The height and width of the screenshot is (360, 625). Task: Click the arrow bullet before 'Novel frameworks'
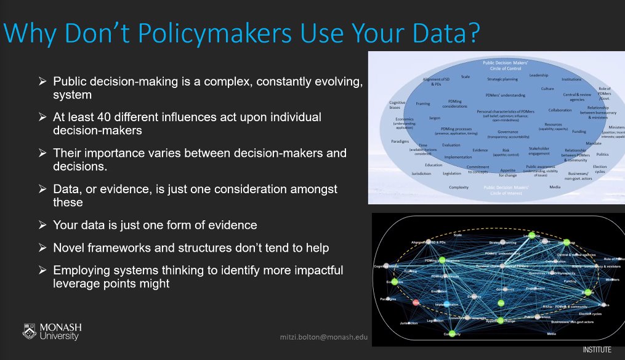(42, 248)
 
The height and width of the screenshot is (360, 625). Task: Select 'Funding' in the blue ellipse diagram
(579, 131)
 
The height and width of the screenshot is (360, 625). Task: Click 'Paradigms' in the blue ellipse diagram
(401, 141)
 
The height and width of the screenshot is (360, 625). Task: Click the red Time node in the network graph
(416, 302)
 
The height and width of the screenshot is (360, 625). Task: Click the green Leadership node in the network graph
(529, 236)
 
